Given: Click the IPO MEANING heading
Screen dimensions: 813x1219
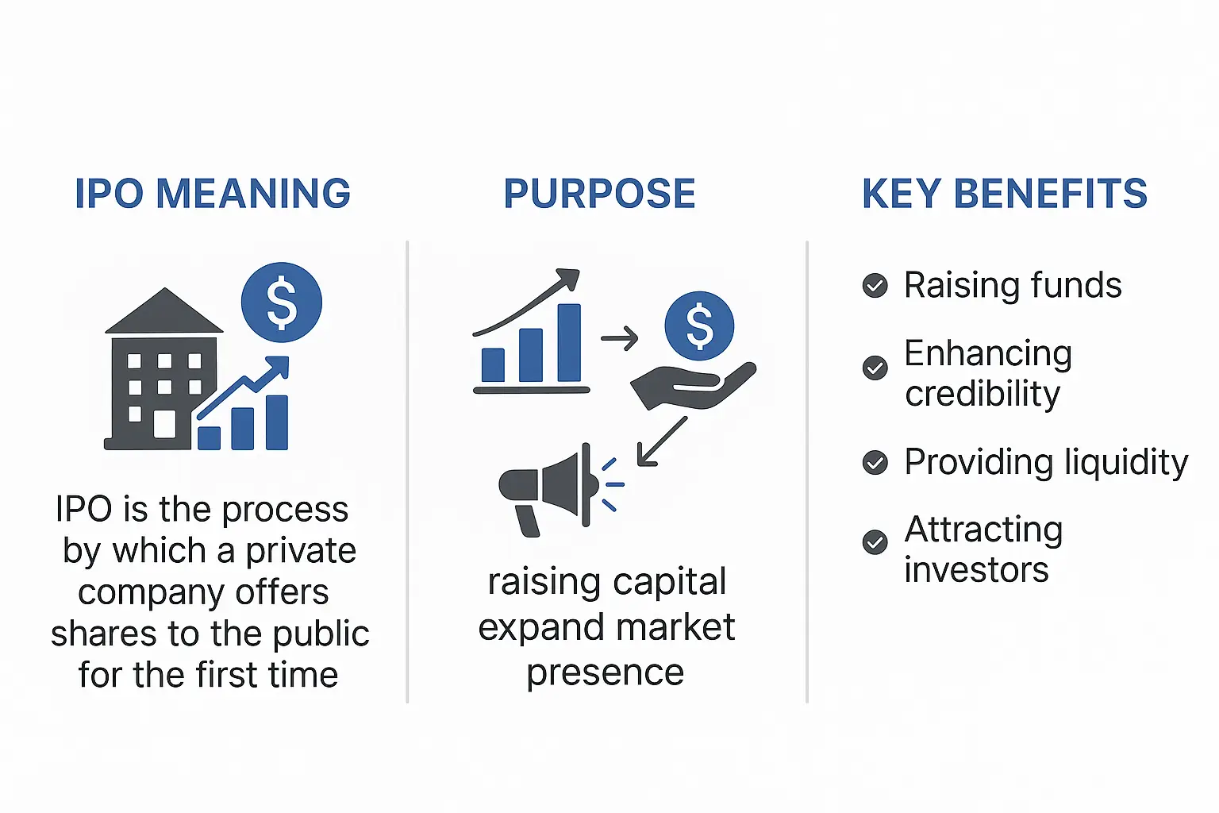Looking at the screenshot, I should click(x=213, y=194).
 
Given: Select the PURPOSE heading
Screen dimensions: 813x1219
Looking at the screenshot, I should click(x=600, y=194).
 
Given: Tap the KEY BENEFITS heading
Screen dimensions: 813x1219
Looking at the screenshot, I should click(x=1005, y=194).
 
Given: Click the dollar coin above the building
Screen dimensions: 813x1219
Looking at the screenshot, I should click(x=282, y=302).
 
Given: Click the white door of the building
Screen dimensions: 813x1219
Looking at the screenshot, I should click(x=164, y=424).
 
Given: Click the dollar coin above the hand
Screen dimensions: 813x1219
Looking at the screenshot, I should click(x=699, y=326).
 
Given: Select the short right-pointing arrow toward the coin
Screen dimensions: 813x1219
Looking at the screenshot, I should click(x=620, y=338).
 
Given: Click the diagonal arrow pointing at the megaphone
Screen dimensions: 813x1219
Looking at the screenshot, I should click(x=661, y=441).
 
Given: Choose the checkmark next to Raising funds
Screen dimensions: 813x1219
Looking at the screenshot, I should click(x=875, y=285).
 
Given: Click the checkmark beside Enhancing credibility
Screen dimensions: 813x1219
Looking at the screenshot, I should click(x=875, y=368).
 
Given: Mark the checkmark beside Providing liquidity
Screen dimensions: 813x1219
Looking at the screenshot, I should click(x=875, y=462).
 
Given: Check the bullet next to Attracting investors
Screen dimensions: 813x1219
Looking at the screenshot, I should click(x=875, y=542).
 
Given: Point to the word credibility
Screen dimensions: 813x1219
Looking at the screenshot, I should click(x=983, y=394).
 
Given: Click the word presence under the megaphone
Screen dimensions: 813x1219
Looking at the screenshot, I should click(x=606, y=672).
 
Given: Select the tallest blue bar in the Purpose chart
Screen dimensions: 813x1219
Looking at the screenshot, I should click(x=569, y=343).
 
